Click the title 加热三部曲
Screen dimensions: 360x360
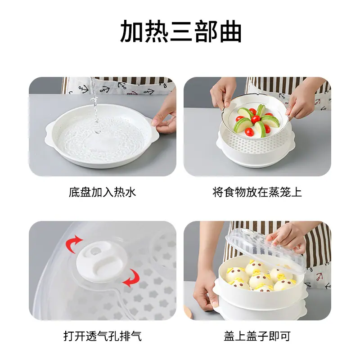(181, 31)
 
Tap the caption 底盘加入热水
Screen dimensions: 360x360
(103, 192)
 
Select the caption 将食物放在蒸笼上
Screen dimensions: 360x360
(257, 192)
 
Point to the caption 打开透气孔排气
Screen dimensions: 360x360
(103, 336)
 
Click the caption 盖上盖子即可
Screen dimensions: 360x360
(257, 336)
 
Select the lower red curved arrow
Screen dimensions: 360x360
(132, 278)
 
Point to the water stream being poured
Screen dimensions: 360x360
(94, 103)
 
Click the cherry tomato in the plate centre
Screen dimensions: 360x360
(255, 119)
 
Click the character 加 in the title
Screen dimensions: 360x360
(132, 31)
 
